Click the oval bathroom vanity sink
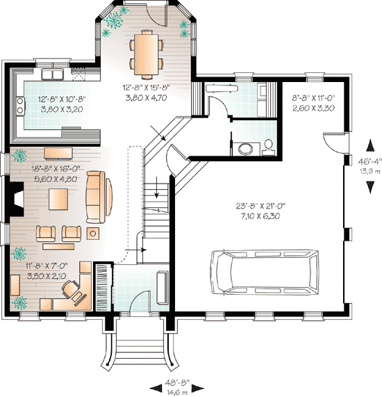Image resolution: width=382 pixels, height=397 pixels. pyautogui.click(x=244, y=148)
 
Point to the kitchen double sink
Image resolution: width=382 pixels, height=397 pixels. pyautogui.click(x=53, y=73)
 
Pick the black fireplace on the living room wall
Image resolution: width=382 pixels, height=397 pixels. pyautogui.click(x=16, y=200)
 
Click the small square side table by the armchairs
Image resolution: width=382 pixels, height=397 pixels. pyautogui.click(x=94, y=231)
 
